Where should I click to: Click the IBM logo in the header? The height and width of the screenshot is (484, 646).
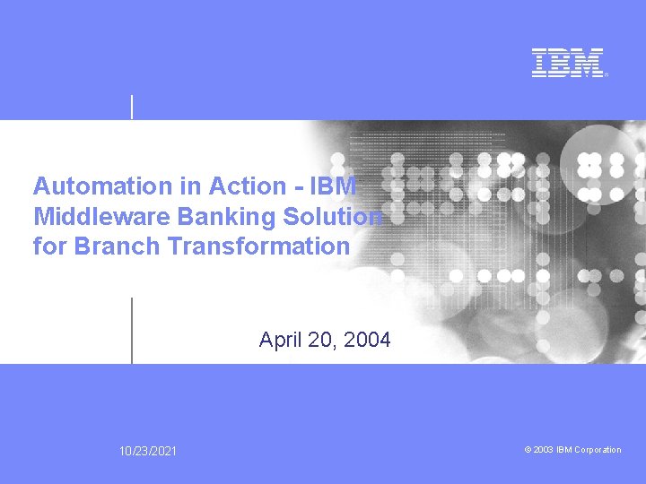(568, 63)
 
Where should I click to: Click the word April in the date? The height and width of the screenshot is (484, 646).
(279, 340)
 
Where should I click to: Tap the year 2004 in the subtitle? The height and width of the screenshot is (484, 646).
(368, 340)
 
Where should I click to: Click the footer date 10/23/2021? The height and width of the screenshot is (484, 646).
(149, 451)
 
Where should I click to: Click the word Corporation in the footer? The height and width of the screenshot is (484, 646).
(598, 450)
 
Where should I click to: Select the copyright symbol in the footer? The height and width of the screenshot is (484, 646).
(528, 450)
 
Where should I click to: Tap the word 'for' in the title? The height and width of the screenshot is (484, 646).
(50, 246)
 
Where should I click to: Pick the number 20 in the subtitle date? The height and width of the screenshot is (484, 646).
(322, 340)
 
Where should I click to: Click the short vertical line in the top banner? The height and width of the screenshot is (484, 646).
(133, 106)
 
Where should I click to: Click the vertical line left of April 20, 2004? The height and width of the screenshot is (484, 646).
(132, 330)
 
